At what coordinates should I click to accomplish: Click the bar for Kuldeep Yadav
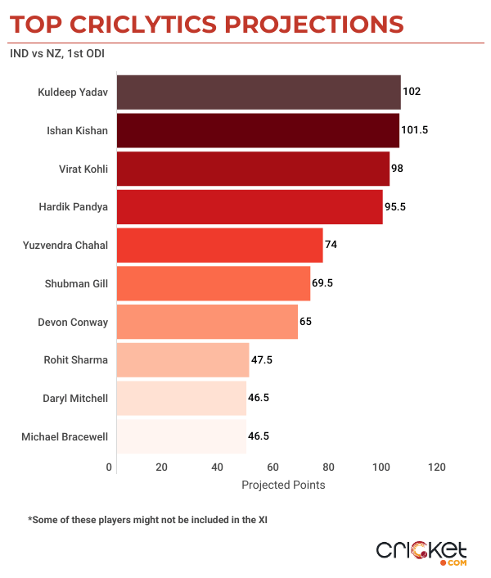point(259,93)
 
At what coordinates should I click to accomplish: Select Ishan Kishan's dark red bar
point(258,130)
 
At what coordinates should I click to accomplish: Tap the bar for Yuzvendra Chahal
point(219,245)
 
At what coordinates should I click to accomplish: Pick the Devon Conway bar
point(207,322)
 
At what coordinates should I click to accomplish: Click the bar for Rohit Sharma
point(182,359)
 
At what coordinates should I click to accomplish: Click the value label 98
point(399,169)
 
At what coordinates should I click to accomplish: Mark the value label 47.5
point(260,359)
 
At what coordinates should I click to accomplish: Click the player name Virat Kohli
point(82,169)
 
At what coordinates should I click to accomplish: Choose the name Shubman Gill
point(78,283)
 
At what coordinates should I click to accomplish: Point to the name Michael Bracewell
point(65,436)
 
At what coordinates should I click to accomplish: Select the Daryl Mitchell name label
point(74,398)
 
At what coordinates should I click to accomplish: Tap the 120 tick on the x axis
point(436,467)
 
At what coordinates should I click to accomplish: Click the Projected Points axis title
point(283,485)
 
